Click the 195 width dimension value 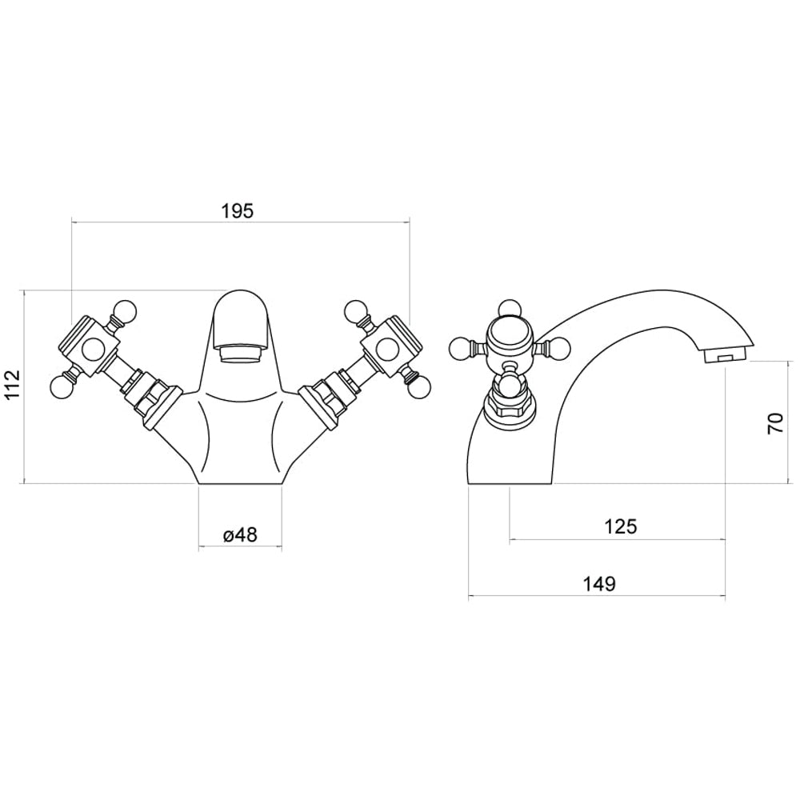[238, 211]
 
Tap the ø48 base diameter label [240, 535]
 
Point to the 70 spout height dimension [775, 422]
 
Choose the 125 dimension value [621, 526]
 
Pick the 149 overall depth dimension [599, 584]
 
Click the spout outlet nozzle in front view [240, 352]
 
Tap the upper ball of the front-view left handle [124, 310]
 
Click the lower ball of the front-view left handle [60, 387]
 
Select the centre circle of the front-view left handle [93, 348]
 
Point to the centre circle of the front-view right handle [386, 348]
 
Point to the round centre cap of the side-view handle [509, 334]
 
